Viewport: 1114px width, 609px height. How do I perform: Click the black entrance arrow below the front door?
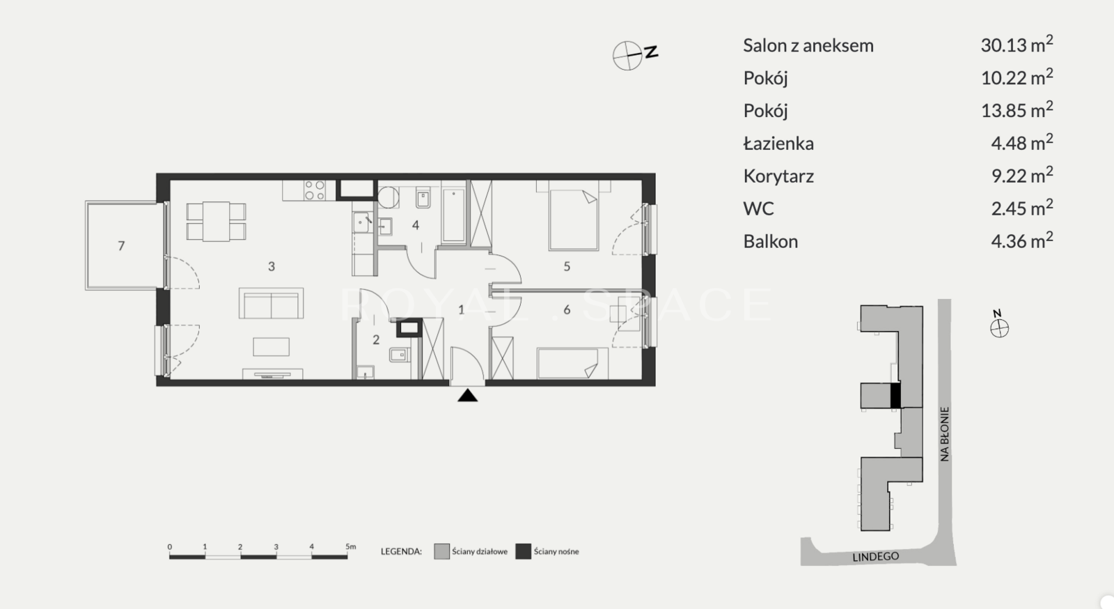point(467,396)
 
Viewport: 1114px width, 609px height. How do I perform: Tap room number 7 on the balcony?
point(121,246)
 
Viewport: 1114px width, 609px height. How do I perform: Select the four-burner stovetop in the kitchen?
point(314,190)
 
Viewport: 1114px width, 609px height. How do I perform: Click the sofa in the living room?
point(271,303)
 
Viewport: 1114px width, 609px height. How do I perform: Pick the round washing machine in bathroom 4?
point(388,197)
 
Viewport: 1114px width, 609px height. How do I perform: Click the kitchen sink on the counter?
point(362,222)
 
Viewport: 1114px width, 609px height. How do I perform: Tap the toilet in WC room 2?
point(400,355)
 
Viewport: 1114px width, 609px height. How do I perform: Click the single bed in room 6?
point(572,363)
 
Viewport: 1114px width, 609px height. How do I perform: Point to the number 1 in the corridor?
point(461,310)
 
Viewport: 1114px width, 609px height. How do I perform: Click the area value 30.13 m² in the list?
point(1017,45)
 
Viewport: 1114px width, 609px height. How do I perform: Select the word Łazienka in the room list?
point(778,144)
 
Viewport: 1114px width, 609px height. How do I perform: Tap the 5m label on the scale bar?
point(351,546)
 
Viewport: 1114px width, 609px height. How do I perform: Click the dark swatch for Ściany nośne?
point(523,551)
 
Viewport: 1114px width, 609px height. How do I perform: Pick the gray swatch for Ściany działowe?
point(441,551)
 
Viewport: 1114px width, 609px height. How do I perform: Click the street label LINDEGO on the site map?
point(876,557)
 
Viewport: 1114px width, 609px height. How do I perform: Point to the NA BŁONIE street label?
point(945,434)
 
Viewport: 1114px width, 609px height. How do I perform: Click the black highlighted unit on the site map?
point(895,396)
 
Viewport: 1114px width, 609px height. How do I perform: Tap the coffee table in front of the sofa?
point(271,347)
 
